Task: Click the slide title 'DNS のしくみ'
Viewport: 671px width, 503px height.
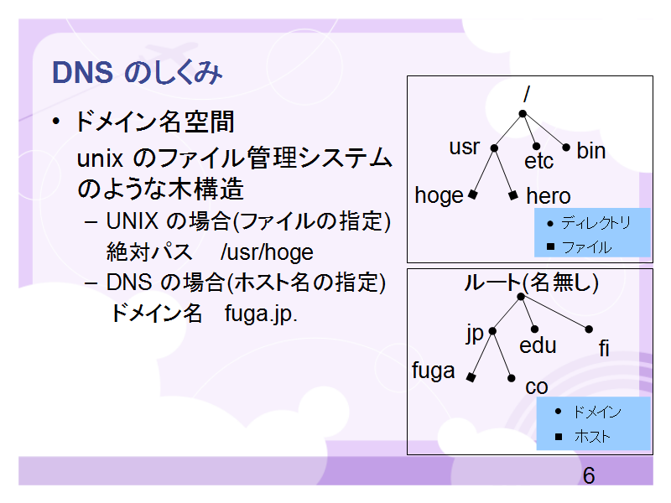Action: pyautogui.click(x=137, y=72)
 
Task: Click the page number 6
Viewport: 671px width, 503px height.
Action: pyautogui.click(x=589, y=475)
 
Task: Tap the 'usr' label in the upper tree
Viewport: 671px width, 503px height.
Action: pyautogui.click(x=465, y=148)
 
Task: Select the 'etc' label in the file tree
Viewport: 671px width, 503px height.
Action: pyautogui.click(x=538, y=161)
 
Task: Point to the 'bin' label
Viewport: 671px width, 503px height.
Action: pyautogui.click(x=591, y=151)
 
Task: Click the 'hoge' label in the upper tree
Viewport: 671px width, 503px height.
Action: pyautogui.click(x=439, y=196)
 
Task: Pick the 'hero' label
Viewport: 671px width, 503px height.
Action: pyautogui.click(x=549, y=196)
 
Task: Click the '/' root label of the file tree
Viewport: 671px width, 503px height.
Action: pyautogui.click(x=527, y=94)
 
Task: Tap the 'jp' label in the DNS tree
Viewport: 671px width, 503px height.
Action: pyautogui.click(x=475, y=334)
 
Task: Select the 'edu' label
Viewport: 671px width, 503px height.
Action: pyautogui.click(x=538, y=345)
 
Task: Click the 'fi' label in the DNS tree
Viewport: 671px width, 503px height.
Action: pyautogui.click(x=604, y=348)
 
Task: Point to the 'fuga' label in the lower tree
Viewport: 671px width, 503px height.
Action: pyautogui.click(x=433, y=371)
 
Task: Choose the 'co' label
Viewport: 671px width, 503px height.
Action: pyautogui.click(x=537, y=387)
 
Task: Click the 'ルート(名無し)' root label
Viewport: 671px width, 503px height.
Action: pyautogui.click(x=531, y=283)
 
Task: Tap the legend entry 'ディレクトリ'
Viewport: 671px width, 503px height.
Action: pyautogui.click(x=596, y=223)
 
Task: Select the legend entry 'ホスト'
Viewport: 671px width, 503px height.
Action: pyautogui.click(x=592, y=436)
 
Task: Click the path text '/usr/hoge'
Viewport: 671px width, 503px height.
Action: pyautogui.click(x=267, y=252)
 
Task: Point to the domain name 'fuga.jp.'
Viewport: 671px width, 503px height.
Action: pyautogui.click(x=261, y=314)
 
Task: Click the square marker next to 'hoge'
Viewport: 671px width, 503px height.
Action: pyautogui.click(x=472, y=194)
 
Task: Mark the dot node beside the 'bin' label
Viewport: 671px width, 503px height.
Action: pyautogui.click(x=565, y=148)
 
